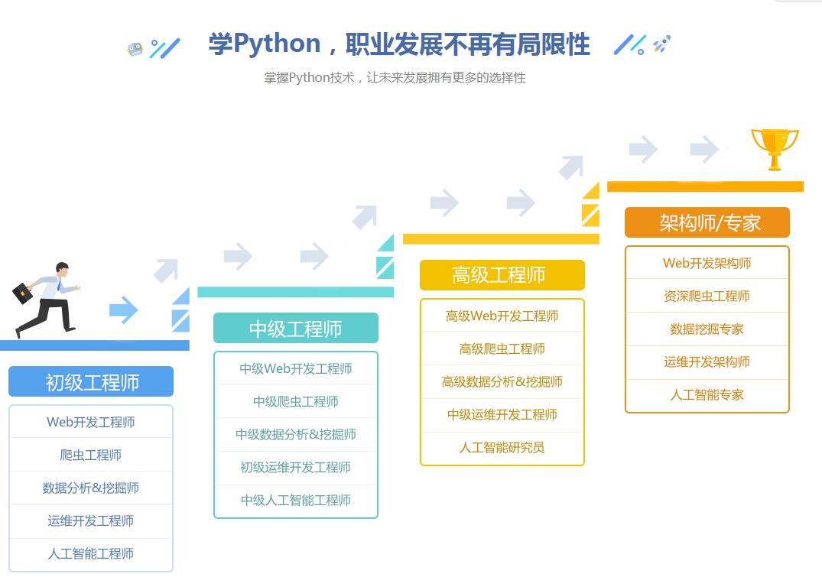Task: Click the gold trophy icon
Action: click(x=775, y=147)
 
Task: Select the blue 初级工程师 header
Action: click(x=91, y=381)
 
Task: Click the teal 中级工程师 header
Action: click(x=295, y=329)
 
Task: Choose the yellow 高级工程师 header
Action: click(x=502, y=275)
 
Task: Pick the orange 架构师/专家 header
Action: click(x=707, y=222)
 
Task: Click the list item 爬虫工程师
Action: click(x=91, y=455)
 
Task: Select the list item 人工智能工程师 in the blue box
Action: click(x=91, y=553)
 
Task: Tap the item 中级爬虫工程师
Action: click(x=295, y=401)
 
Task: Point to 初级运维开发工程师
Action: click(x=295, y=467)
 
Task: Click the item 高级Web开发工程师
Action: click(x=502, y=316)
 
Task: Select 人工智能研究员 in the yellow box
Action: click(x=502, y=447)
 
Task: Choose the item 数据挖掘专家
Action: click(x=707, y=329)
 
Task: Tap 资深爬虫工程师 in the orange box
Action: click(x=707, y=296)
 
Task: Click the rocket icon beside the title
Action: click(x=661, y=44)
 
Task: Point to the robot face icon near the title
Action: click(x=135, y=50)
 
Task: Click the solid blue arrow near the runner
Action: click(x=122, y=310)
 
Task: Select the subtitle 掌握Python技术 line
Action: click(x=395, y=77)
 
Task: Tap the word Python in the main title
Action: click(x=277, y=44)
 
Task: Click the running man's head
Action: click(x=61, y=270)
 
